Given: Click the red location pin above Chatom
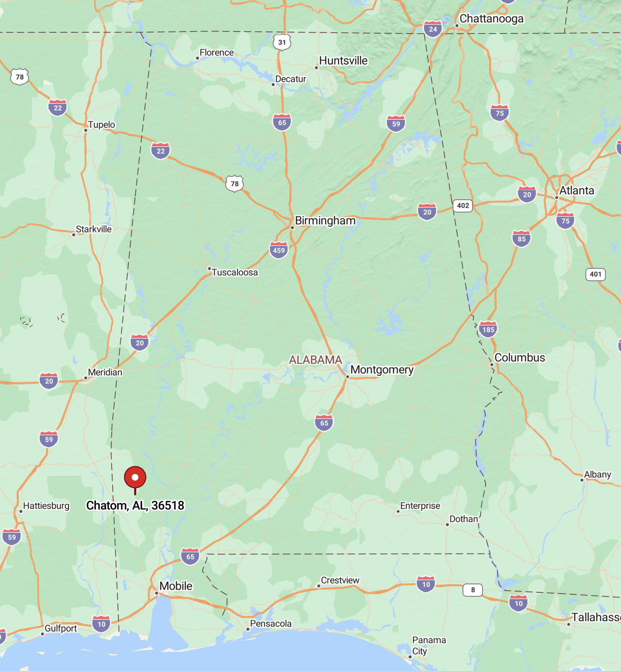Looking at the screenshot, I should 135,477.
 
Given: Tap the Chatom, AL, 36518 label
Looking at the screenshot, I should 135,506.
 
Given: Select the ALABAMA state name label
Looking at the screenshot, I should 315,360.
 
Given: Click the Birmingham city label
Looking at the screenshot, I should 325,221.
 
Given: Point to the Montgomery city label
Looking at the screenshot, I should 382,370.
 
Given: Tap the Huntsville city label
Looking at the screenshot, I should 343,61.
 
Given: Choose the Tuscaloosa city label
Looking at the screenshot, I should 235,272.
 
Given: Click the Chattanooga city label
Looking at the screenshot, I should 491,19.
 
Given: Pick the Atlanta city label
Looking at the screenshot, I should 576,191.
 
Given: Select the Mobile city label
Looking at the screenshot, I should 176,586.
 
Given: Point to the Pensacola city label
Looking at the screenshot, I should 271,623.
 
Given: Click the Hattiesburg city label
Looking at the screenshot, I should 46,506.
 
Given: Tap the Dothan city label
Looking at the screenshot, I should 463,519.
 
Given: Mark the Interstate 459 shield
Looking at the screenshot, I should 279,250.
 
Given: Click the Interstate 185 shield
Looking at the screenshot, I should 488,330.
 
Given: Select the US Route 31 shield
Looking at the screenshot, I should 282,42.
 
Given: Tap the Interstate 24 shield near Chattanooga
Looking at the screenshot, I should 433,29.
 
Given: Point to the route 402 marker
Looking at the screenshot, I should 463,206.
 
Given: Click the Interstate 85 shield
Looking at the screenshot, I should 521,239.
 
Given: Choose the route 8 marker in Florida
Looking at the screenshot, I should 473,590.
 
